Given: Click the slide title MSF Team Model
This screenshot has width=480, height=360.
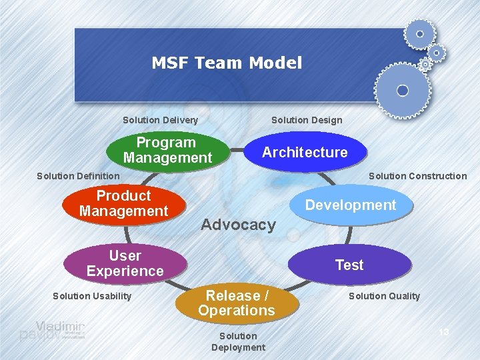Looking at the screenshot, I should tap(227, 63).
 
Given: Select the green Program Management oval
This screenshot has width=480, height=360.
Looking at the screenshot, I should tap(167, 151).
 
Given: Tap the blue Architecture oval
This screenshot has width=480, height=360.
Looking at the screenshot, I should tap(305, 152).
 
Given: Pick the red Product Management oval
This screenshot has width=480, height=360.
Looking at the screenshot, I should tap(123, 203).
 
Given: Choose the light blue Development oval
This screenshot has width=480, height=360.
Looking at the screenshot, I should tap(351, 205).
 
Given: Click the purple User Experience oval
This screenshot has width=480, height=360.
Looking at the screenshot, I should tap(125, 263).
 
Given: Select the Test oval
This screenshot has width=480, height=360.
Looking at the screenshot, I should tap(349, 265).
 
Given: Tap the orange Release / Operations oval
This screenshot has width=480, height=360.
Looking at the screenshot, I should tap(236, 303).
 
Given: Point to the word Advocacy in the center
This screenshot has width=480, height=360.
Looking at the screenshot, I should tap(238, 225).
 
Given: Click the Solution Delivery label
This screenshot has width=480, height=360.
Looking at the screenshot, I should tap(160, 120).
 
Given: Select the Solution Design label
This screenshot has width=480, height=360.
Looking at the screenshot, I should tap(307, 120).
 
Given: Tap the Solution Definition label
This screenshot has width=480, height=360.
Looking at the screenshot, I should tap(78, 176).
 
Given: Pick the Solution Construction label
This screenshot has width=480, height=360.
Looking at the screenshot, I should tap(417, 176).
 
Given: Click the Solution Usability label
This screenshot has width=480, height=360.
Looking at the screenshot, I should tap(92, 296).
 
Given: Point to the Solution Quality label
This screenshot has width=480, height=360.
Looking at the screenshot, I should tap(385, 296).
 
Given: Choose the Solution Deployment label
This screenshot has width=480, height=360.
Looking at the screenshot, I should tap(238, 341).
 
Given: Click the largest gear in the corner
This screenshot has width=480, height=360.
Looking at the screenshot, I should tap(402, 90).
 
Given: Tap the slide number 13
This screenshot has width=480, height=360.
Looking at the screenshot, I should tap(445, 332).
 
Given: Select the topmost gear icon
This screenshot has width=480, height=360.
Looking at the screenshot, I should tap(419, 33).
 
